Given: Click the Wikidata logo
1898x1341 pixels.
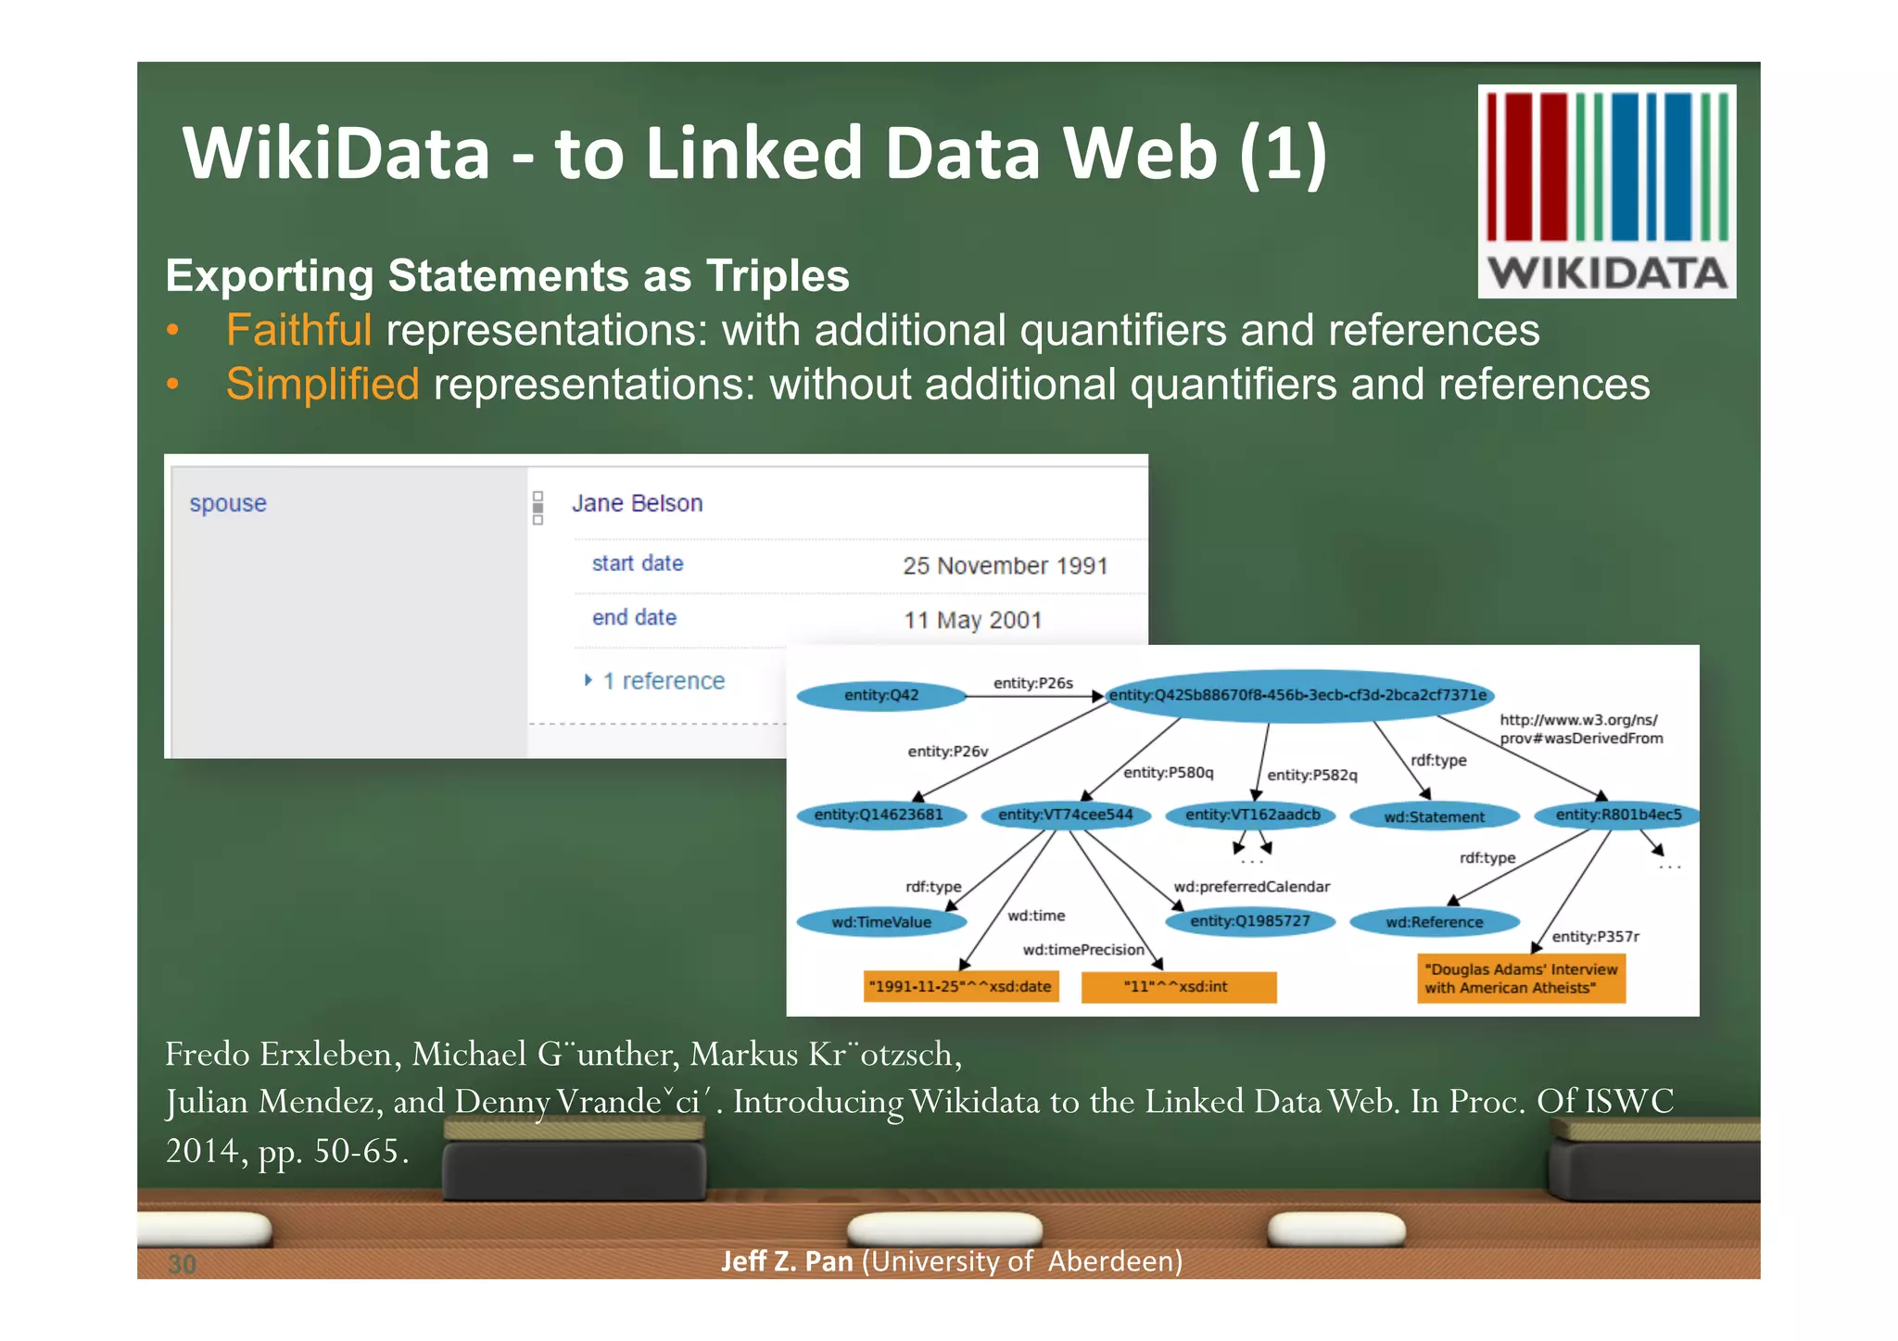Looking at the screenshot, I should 1606,191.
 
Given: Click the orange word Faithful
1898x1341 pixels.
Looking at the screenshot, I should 298,331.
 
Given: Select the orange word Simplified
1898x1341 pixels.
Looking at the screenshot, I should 323,385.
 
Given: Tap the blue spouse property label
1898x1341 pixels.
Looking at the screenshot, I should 228,503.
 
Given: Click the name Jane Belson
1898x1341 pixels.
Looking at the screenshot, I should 637,503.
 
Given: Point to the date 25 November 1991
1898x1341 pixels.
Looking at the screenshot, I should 1005,565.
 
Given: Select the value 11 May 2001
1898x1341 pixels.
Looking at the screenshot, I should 972,620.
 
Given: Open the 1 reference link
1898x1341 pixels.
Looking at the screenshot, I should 663,681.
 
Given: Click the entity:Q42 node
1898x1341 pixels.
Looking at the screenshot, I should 881,695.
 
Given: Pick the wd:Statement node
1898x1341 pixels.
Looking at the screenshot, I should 1434,816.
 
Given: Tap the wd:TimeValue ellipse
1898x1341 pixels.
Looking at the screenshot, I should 881,922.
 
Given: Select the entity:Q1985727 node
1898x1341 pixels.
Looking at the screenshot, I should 1249,921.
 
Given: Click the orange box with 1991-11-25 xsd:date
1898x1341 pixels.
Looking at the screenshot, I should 959,986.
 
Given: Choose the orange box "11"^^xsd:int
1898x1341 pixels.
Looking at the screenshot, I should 1178,986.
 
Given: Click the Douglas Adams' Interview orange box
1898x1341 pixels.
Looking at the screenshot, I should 1520,979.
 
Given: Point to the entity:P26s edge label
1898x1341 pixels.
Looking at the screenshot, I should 1032,683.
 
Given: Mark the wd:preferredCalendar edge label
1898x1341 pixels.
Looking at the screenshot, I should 1251,887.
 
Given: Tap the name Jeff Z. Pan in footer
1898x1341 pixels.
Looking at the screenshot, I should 786,1261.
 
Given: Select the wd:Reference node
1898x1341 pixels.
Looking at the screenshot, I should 1434,922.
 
